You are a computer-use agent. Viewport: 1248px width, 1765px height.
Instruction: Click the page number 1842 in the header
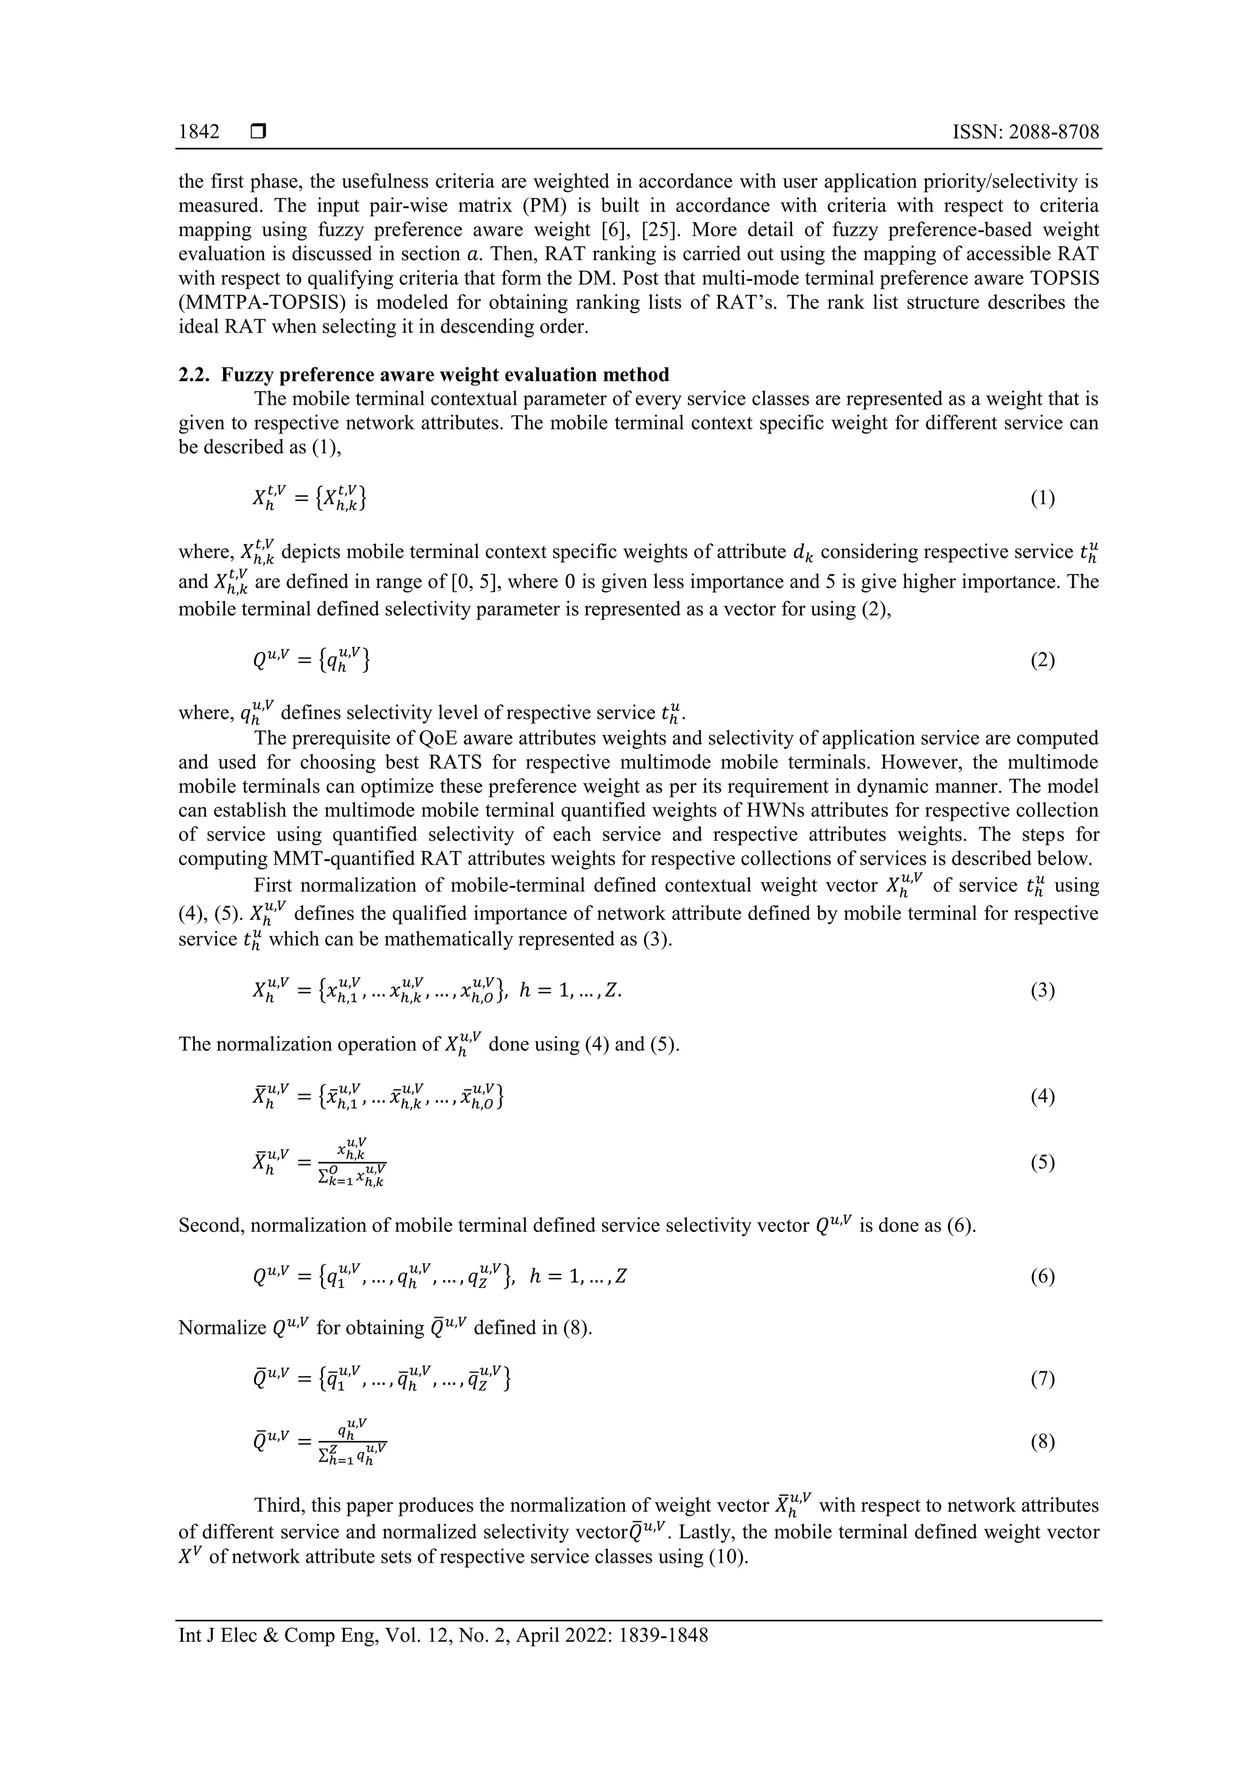pos(199,132)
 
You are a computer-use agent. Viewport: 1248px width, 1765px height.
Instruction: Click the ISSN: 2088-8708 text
pos(1025,132)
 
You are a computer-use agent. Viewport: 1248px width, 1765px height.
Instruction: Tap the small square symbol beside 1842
pos(258,132)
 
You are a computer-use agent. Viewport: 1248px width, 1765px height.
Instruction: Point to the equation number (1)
pos(1042,499)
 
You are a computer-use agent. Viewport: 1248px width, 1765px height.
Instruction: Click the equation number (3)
pos(1042,990)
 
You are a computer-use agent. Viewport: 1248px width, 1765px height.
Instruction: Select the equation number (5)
pos(1042,1162)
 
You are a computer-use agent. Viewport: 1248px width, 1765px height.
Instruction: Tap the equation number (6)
pos(1042,1277)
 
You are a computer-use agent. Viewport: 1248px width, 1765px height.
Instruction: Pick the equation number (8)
pos(1042,1441)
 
